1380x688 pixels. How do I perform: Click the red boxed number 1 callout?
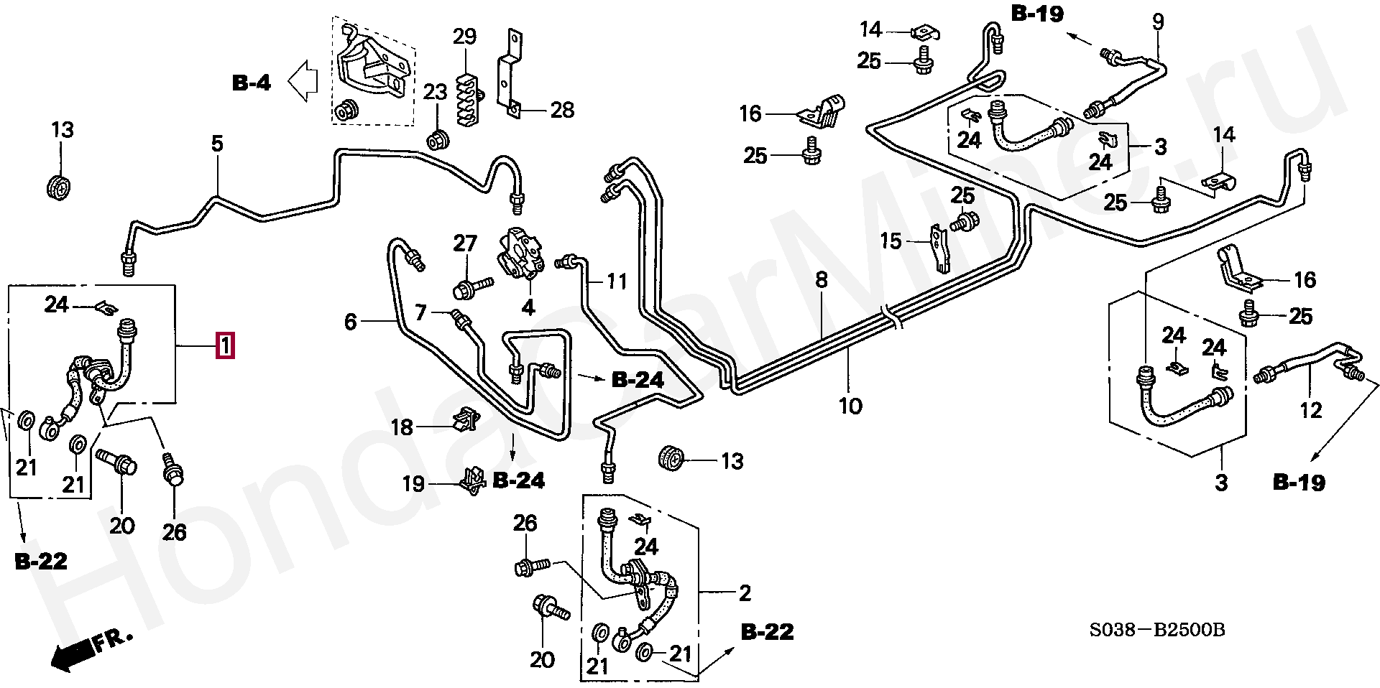click(225, 346)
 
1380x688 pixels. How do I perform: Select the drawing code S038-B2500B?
click(1156, 631)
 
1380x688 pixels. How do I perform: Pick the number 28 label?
click(563, 110)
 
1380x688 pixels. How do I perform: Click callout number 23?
click(435, 92)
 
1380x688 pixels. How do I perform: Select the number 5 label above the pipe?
click(217, 144)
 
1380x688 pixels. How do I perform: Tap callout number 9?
click(1158, 22)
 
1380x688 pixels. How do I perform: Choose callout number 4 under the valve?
click(528, 307)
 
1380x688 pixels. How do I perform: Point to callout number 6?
click(350, 322)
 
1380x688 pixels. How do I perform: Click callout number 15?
click(891, 241)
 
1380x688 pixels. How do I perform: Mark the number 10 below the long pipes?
click(850, 406)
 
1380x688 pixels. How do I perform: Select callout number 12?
click(1312, 411)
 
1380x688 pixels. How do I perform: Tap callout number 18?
click(402, 428)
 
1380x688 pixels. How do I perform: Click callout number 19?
click(413, 484)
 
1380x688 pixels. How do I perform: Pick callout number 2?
click(745, 593)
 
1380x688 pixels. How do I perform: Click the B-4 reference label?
click(252, 83)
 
